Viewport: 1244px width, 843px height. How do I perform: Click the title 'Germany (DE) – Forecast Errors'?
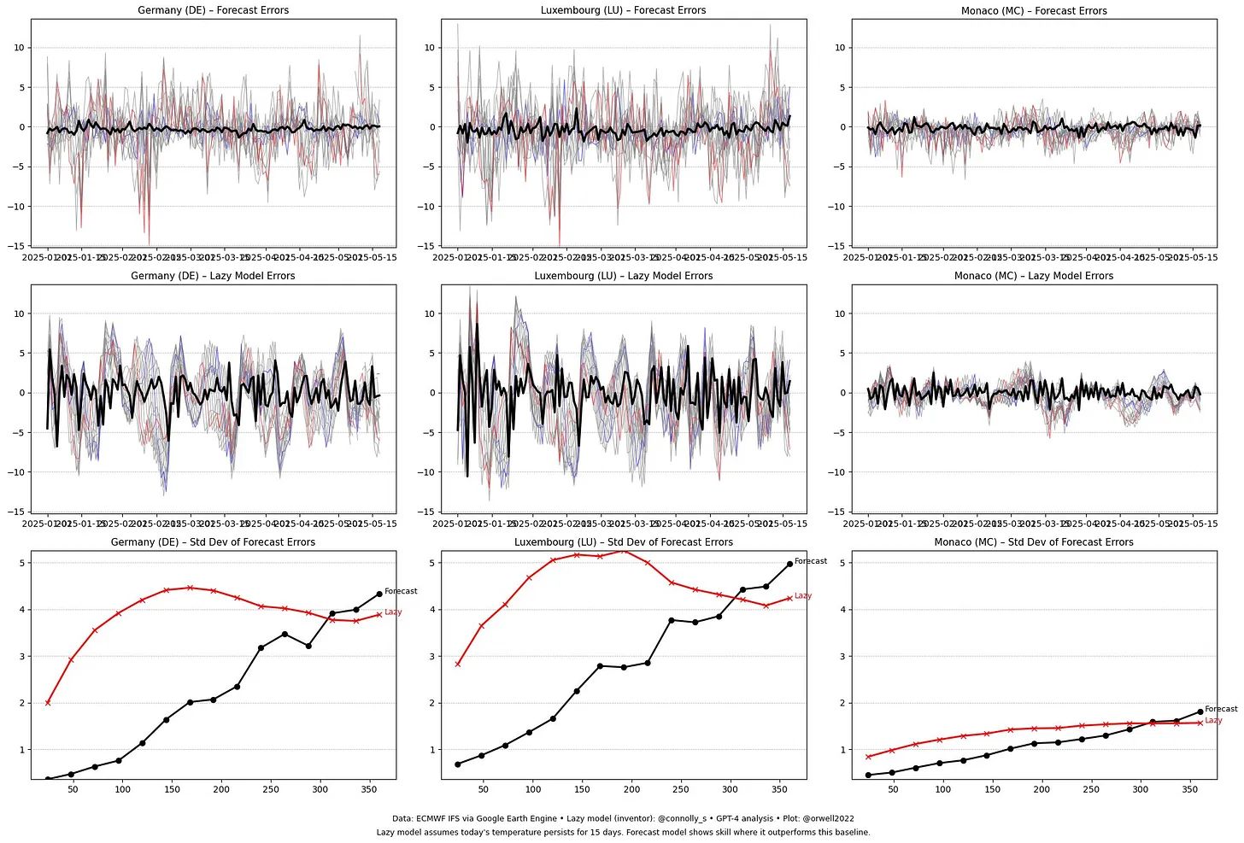coord(213,10)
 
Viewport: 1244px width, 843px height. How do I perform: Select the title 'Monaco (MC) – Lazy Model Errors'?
coord(1034,276)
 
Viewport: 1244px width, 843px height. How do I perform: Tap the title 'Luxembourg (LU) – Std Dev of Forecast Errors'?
coord(623,542)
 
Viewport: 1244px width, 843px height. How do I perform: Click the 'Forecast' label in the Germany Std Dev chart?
coord(401,591)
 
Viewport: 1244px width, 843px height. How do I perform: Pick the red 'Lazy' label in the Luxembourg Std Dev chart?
coord(803,596)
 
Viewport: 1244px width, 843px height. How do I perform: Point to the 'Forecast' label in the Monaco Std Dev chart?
coord(1221,709)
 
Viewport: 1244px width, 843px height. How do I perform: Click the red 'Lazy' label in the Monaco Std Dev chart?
coord(1213,721)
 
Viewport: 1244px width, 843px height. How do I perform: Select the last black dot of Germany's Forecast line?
coord(379,594)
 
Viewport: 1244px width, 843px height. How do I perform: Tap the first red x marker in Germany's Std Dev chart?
coord(48,702)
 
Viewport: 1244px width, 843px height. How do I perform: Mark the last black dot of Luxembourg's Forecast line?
coord(789,564)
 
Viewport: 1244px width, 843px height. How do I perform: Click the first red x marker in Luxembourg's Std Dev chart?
coord(458,664)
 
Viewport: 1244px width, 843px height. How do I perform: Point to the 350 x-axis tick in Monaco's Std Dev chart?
coord(1190,789)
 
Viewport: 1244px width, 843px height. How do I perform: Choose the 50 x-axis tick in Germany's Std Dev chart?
coord(73,789)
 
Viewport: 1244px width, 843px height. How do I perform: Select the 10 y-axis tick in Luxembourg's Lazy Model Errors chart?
coord(431,313)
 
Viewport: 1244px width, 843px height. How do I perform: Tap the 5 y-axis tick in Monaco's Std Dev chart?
coord(842,563)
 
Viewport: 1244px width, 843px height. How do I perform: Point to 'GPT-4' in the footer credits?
coord(727,818)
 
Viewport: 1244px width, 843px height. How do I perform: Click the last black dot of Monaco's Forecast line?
coord(1200,711)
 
